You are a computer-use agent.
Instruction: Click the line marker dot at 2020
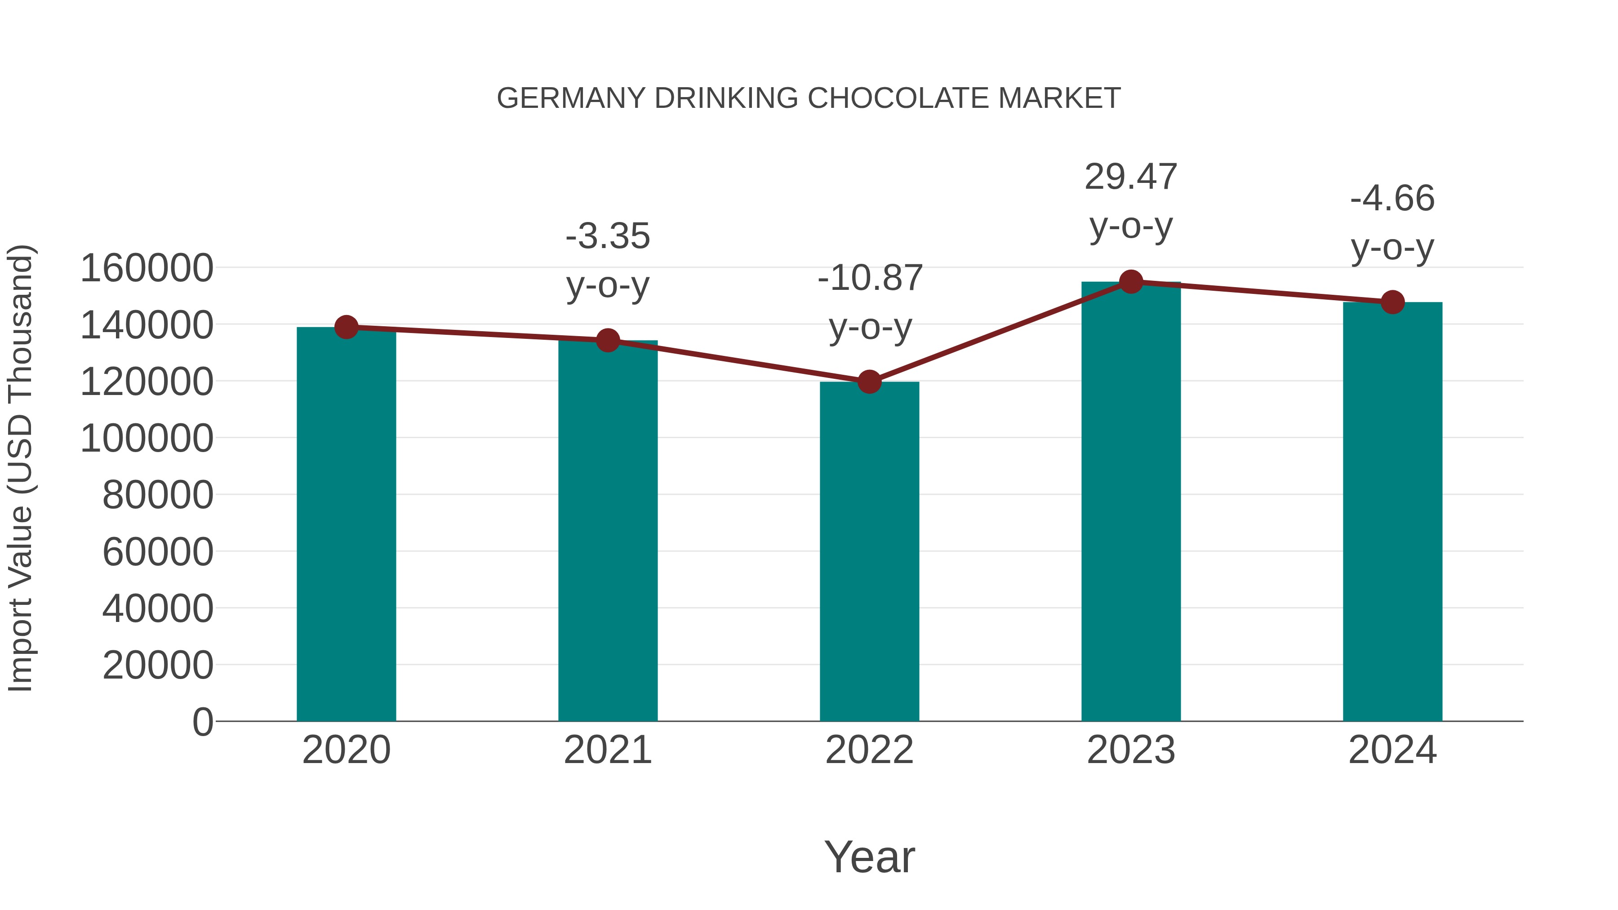pos(346,327)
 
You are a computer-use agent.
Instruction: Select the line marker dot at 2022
pos(869,381)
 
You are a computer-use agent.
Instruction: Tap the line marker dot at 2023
pos(1131,282)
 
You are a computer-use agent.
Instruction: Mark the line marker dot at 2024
pos(1392,302)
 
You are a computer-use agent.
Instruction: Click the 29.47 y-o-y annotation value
pos(1131,177)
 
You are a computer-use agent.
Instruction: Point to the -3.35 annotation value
pos(607,237)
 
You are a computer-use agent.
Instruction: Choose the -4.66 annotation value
pos(1392,199)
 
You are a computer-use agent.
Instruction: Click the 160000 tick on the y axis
pos(147,268)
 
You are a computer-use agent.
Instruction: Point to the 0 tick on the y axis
pos(203,722)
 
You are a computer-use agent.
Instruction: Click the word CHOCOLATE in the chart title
pos(898,98)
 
